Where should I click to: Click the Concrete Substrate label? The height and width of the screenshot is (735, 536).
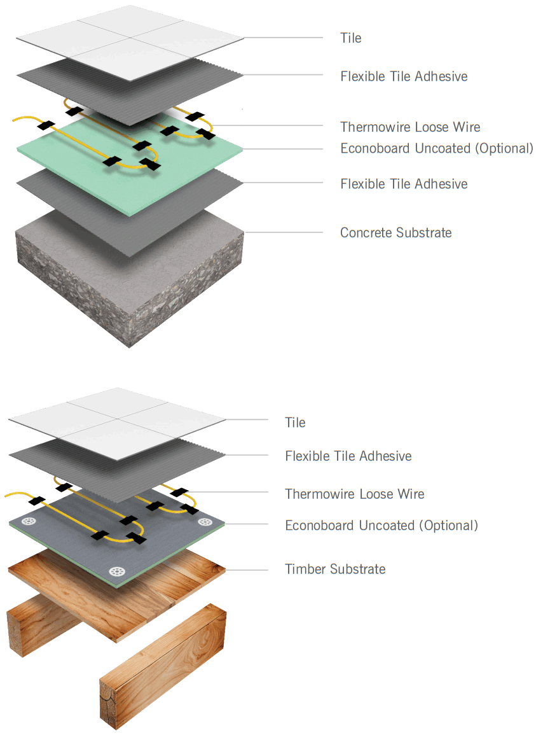395,233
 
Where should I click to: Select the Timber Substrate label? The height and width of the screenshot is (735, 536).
335,569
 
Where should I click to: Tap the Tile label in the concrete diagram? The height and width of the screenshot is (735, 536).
350,38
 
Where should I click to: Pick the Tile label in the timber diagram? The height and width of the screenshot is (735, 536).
295,423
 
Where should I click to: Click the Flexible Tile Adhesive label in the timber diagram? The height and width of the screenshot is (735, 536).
348,456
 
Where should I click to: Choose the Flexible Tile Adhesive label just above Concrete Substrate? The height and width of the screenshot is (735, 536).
404,184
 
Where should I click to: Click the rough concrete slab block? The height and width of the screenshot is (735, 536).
127,299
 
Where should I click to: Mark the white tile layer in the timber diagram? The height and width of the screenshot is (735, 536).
118,420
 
